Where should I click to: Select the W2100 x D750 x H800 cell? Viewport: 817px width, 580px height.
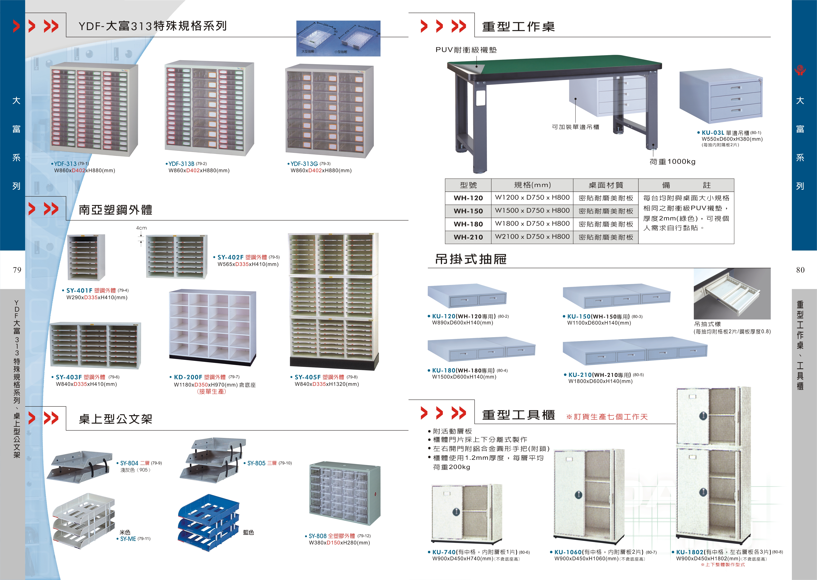pos(532,237)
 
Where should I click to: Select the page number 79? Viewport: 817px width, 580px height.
pos(17,270)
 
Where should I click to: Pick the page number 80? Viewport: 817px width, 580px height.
pos(800,270)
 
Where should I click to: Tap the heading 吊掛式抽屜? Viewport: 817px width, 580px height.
pos(471,259)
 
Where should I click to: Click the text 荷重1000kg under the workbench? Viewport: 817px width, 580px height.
pos(672,162)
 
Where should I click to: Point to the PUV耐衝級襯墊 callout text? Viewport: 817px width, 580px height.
pos(466,50)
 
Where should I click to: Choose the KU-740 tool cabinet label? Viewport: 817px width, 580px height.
pos(444,552)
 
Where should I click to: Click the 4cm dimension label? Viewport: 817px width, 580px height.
pos(141,228)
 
